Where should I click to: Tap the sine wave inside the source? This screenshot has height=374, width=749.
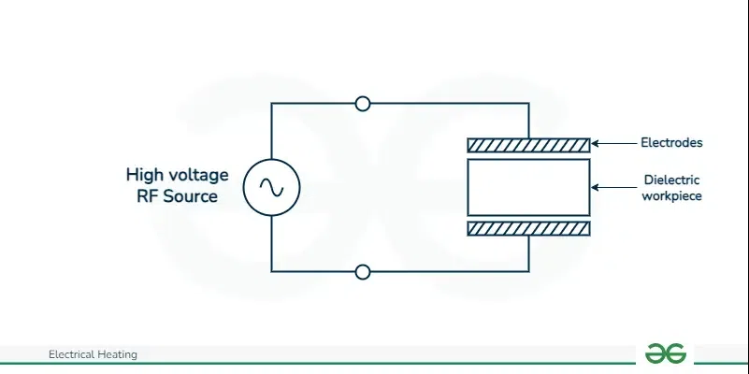pyautogui.click(x=271, y=187)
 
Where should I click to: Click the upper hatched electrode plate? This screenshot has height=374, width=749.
pyautogui.click(x=528, y=145)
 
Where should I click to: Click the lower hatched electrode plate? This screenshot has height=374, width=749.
pyautogui.click(x=528, y=229)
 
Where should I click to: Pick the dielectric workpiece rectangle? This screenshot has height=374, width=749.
pyautogui.click(x=528, y=160)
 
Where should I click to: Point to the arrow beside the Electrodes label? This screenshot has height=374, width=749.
pyautogui.click(x=614, y=143)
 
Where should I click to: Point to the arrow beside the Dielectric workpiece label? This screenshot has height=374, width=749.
pyautogui.click(x=614, y=187)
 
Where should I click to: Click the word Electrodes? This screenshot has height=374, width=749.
pyautogui.click(x=671, y=142)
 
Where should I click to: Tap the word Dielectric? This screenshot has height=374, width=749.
pyautogui.click(x=671, y=180)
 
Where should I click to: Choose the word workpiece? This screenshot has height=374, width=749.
pyautogui.click(x=671, y=195)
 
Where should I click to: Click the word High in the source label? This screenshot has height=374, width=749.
pyautogui.click(x=143, y=175)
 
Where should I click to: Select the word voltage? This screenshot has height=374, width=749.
pyautogui.click(x=197, y=175)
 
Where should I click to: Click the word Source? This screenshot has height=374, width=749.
pyautogui.click(x=191, y=195)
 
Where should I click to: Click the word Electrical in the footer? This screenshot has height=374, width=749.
pyautogui.click(x=72, y=354)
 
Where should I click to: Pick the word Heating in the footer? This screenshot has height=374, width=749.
pyautogui.click(x=118, y=355)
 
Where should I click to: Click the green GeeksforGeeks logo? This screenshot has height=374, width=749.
pyautogui.click(x=666, y=353)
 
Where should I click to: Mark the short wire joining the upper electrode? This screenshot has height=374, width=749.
pyautogui.click(x=529, y=121)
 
